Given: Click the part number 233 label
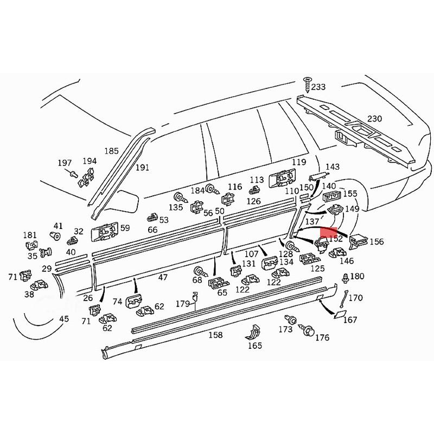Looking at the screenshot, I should [318, 87].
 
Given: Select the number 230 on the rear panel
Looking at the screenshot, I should [374, 119].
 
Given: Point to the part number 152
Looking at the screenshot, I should [335, 238].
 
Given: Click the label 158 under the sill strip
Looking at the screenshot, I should [215, 335].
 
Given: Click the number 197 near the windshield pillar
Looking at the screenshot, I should [65, 163].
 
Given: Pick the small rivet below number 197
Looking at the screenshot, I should [72, 174].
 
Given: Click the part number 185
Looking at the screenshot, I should [111, 151].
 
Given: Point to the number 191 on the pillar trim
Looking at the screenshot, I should [142, 168].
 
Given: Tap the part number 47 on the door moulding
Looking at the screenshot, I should [162, 277].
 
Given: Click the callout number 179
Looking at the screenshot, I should [182, 304].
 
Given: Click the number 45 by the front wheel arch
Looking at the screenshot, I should [64, 319].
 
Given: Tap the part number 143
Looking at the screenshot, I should [332, 167].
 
